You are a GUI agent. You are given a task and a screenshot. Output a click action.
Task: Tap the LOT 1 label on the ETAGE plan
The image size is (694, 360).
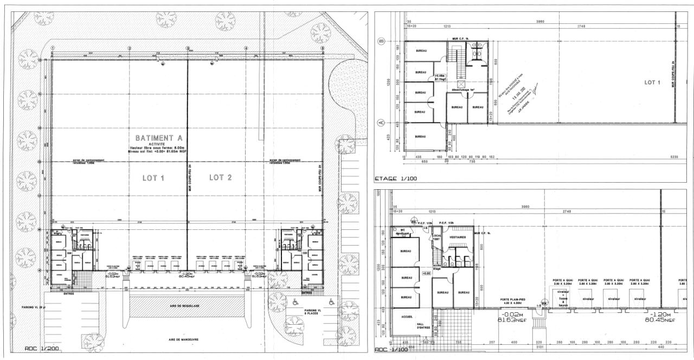coord(652,82)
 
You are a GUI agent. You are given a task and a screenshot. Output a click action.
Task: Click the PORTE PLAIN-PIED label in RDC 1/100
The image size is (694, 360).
coord(513,300)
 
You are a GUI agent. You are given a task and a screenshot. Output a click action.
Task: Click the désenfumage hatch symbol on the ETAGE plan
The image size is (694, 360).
coord(461,85)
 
